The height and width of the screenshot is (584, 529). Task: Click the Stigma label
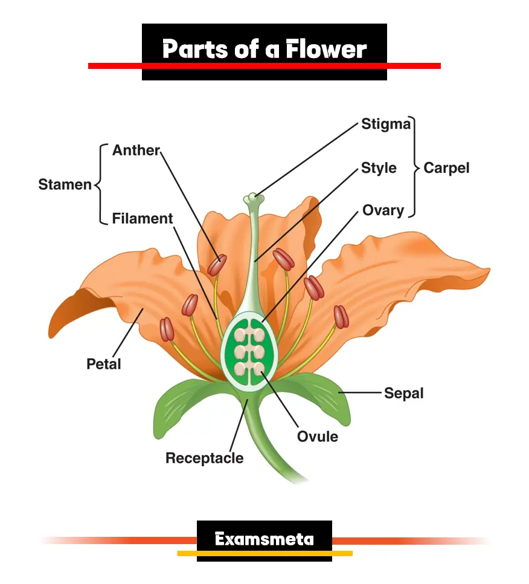(x=386, y=125)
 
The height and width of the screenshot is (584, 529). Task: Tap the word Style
(x=379, y=167)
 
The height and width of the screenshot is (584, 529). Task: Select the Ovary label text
(x=383, y=210)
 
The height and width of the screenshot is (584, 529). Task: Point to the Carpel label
(x=446, y=167)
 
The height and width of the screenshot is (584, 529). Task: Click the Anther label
(x=136, y=151)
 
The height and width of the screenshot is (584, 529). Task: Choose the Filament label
(x=143, y=218)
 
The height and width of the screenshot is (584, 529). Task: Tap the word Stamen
(x=65, y=184)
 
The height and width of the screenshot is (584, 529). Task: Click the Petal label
(x=104, y=364)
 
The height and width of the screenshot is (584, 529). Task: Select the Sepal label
(x=404, y=393)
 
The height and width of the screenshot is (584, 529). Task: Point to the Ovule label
(x=318, y=436)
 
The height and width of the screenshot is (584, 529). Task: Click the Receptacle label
(x=205, y=458)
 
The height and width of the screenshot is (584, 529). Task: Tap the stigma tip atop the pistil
(x=254, y=197)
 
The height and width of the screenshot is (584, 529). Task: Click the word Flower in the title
(x=326, y=49)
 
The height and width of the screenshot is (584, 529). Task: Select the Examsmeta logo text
(x=264, y=539)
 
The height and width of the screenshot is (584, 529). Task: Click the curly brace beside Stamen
(x=100, y=184)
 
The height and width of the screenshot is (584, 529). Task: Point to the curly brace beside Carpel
(x=415, y=167)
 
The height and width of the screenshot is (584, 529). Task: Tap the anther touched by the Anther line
(x=217, y=265)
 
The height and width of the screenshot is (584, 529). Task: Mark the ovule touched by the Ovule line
(x=258, y=368)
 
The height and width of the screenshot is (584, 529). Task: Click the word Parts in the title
(x=195, y=49)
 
